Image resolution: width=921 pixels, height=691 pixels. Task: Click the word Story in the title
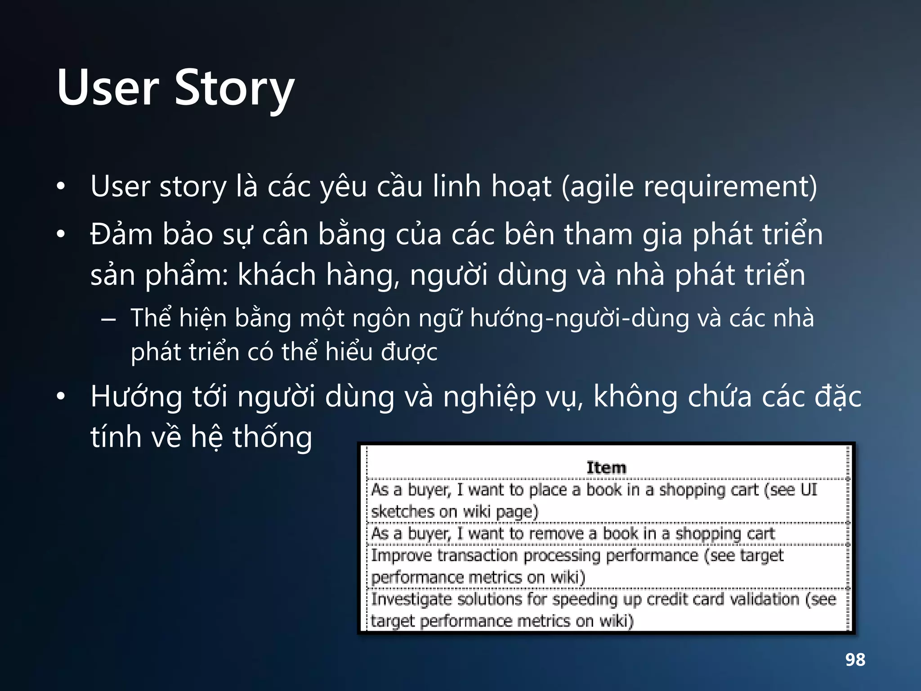tap(234, 88)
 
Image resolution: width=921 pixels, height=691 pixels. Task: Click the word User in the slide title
tap(108, 88)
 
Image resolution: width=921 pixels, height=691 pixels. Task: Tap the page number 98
tap(855, 660)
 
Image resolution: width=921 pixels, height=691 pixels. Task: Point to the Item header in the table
tap(606, 468)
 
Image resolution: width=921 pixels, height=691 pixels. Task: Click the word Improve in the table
tap(401, 556)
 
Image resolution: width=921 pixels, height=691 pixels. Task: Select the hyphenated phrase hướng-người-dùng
tap(579, 319)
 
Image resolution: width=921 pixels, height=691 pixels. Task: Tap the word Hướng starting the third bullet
tap(136, 397)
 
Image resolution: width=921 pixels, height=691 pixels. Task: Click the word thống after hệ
tap(272, 437)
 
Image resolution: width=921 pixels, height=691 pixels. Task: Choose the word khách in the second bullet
tap(277, 274)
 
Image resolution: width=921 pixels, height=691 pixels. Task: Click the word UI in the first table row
tap(809, 490)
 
